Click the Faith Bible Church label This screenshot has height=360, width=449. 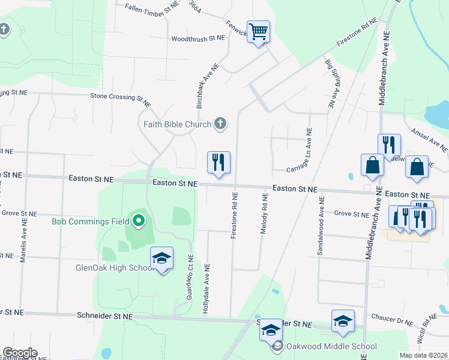[177, 125]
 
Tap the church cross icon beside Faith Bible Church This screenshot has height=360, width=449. [220, 124]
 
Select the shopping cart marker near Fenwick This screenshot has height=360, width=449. [258, 32]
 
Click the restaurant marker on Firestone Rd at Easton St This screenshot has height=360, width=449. [218, 163]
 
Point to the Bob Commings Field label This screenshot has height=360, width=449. [90, 221]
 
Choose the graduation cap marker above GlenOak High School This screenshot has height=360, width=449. [161, 259]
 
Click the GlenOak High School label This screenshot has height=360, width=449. [116, 268]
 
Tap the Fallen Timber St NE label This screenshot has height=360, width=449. [152, 7]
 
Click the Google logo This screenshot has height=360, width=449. [20, 353]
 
